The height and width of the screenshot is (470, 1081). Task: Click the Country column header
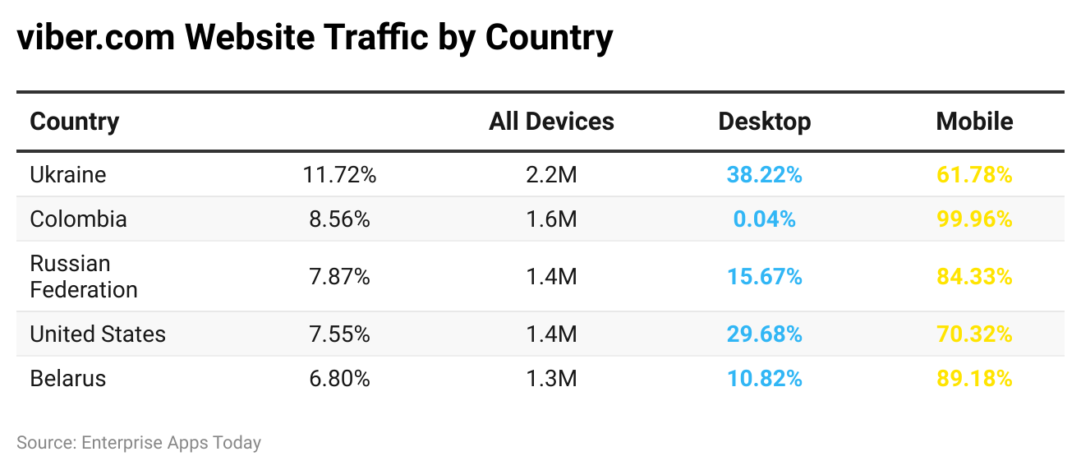[x=75, y=122]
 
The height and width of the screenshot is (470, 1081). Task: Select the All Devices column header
[x=551, y=122]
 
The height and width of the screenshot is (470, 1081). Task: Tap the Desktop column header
[x=764, y=122]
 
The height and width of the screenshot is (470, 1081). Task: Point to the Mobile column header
[x=974, y=122]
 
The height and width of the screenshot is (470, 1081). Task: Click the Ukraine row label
[x=68, y=175]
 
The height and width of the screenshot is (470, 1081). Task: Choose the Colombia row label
[x=79, y=219]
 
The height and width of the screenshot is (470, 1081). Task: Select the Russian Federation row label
[x=84, y=277]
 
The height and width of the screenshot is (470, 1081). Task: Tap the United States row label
[x=98, y=334]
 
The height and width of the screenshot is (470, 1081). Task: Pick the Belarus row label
[x=68, y=379]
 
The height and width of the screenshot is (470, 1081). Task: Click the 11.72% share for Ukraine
[x=339, y=175]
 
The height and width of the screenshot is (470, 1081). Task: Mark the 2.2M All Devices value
[x=551, y=175]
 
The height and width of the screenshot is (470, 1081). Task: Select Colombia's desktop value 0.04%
[x=764, y=219]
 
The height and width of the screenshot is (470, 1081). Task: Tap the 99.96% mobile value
[x=974, y=219]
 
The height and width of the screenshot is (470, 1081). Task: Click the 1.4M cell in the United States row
[x=551, y=334]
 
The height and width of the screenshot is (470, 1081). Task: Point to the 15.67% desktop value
[x=764, y=277]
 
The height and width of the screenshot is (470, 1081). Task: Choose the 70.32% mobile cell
[x=974, y=334]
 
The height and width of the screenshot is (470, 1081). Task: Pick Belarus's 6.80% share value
[x=339, y=379]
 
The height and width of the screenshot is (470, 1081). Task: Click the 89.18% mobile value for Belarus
[x=974, y=379]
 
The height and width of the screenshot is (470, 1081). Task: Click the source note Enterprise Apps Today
[x=171, y=443]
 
